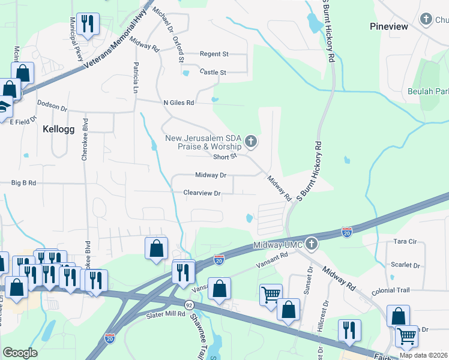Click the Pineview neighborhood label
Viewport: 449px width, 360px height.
[x=389, y=26]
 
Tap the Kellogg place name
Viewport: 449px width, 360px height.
[x=59, y=128]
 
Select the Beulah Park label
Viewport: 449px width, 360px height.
[x=428, y=91]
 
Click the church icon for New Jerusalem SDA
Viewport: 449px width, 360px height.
[x=251, y=142]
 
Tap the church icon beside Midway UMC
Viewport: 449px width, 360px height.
[x=310, y=244]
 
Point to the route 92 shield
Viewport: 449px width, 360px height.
[x=188, y=305]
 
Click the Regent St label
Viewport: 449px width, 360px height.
[x=214, y=54]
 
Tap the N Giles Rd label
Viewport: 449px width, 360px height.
[x=179, y=103]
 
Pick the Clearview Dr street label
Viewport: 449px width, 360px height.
[x=202, y=193]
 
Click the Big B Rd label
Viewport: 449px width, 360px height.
[x=24, y=182]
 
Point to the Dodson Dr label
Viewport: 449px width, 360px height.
[x=52, y=105]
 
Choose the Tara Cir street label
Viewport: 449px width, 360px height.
[x=405, y=241]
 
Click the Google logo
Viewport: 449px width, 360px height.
[x=20, y=352]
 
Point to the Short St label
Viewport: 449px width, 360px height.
[x=225, y=157]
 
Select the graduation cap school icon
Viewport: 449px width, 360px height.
[x=4, y=107]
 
